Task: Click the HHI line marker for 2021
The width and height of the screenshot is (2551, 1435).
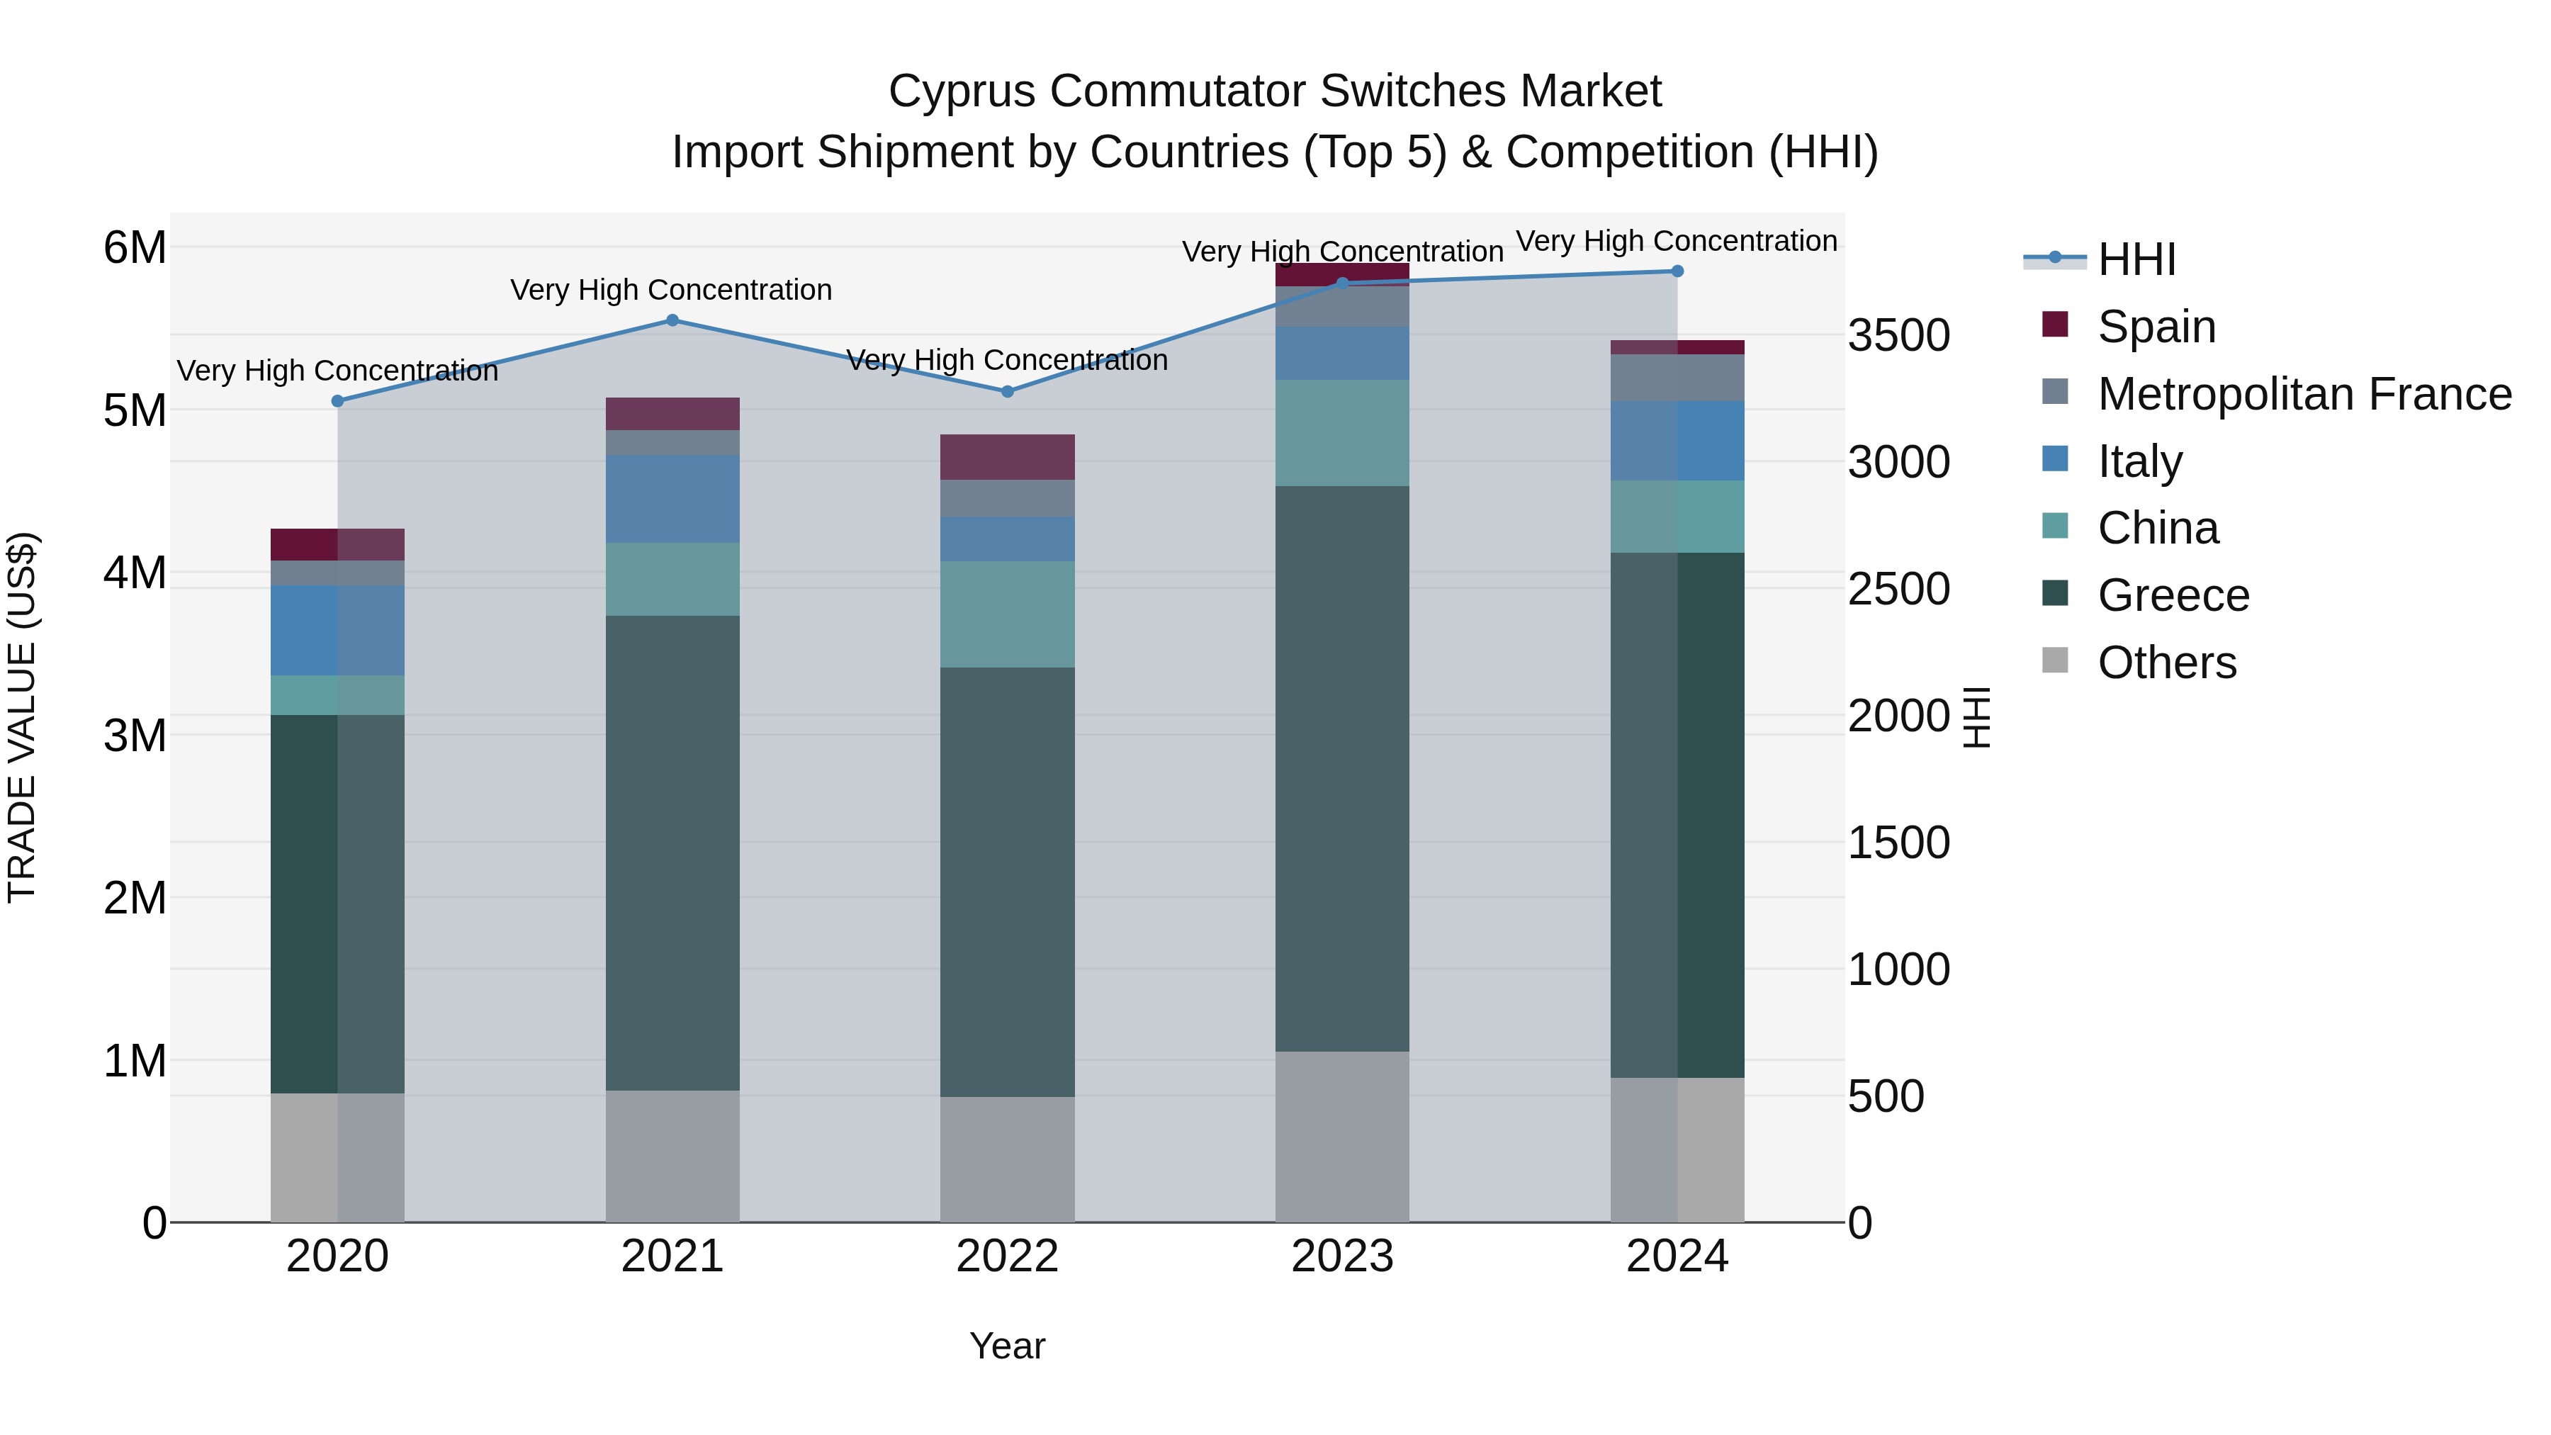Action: click(x=672, y=320)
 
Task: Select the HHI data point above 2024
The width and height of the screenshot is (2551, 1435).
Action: click(x=1677, y=271)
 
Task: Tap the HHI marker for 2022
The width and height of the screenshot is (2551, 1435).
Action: click(x=1007, y=391)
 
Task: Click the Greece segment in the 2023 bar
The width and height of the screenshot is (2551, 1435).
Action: click(x=1342, y=767)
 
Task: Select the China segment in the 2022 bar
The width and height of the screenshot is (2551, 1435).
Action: click(x=1007, y=614)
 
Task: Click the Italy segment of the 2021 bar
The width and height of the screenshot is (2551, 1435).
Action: click(x=672, y=498)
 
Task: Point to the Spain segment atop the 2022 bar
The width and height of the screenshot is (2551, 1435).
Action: click(x=1007, y=456)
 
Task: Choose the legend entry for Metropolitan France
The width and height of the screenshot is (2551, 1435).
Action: click(x=2304, y=394)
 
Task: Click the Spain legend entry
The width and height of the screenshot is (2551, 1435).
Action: click(x=2156, y=327)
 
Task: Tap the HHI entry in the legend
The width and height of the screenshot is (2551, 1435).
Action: click(x=2136, y=259)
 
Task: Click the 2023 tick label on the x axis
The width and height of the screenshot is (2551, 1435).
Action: click(x=1342, y=1256)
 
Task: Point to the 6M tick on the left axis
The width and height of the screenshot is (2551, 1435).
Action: click(x=135, y=247)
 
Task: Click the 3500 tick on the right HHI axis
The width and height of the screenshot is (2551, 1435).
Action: click(x=1898, y=336)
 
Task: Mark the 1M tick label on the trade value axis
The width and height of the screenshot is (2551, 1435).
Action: click(x=135, y=1061)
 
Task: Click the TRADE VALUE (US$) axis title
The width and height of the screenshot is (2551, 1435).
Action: click(x=22, y=717)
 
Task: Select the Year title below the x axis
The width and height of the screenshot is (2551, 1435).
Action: click(x=1007, y=1346)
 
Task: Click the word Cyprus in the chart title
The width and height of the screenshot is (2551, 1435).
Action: click(x=962, y=91)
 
